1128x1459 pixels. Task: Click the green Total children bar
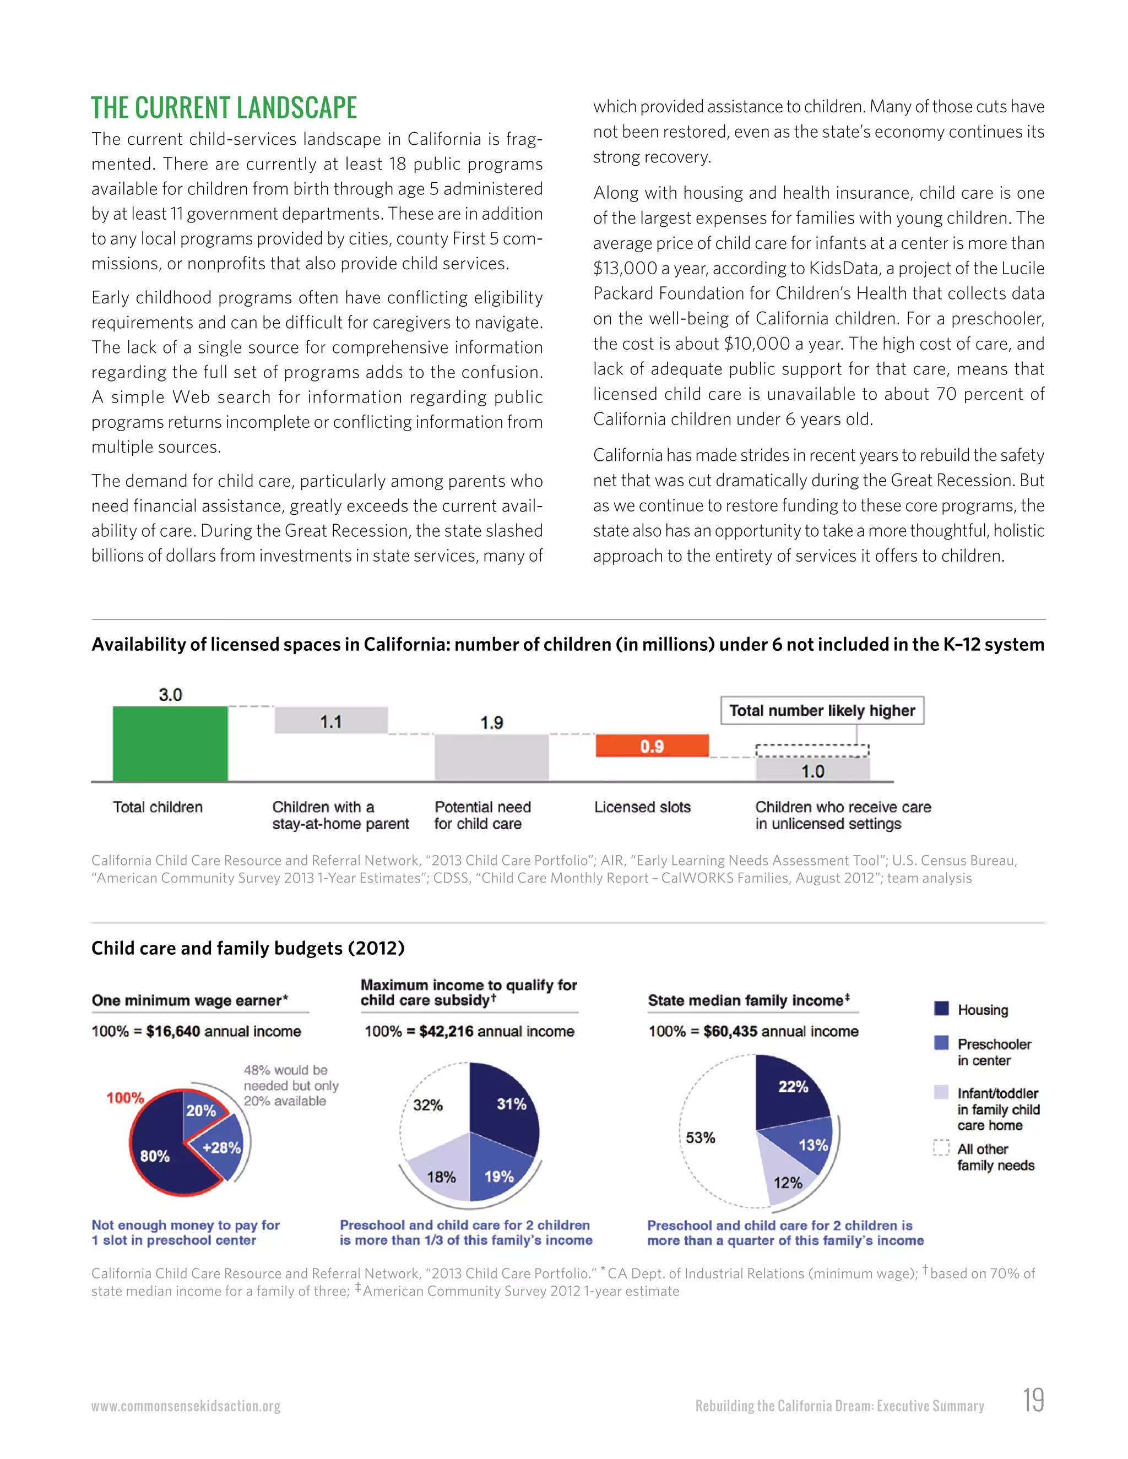pos(170,743)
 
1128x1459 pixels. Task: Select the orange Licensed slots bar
pos(652,745)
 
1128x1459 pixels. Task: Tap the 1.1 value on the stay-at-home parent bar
pos(331,721)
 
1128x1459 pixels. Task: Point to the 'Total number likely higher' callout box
pos(822,710)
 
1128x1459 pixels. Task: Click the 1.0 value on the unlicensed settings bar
pos(812,771)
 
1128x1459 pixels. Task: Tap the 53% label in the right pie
pos(701,1137)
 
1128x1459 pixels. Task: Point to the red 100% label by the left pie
pos(125,1098)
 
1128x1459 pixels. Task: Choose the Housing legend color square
pos(941,1009)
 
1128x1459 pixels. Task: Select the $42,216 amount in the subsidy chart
pos(446,1031)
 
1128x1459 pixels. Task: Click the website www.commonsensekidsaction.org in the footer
pos(186,1406)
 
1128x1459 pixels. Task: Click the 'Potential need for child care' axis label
pos(482,815)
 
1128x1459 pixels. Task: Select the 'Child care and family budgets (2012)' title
pos(248,948)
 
